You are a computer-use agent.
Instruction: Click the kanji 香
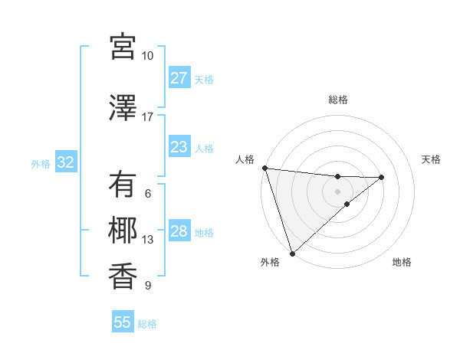tap(123, 276)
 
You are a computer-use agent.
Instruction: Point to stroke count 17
tap(147, 117)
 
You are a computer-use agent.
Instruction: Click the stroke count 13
tap(148, 240)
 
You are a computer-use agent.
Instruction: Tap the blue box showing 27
tap(179, 78)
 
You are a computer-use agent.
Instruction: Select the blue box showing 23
tap(179, 147)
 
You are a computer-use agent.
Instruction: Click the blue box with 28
tap(179, 231)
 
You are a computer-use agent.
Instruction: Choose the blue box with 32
tap(65, 162)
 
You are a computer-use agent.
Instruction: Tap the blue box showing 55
tap(123, 322)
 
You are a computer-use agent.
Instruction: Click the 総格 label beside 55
tap(148, 324)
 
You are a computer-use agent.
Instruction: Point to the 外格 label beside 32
tap(41, 163)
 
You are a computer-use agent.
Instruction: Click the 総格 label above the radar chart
tap(337, 100)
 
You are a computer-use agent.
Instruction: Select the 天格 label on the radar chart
tap(432, 159)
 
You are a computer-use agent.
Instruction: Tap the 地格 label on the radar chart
tap(402, 263)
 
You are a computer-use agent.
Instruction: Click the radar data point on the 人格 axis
tap(264, 168)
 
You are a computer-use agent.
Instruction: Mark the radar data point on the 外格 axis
tap(292, 253)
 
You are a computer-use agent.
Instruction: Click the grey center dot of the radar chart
tap(337, 191)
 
